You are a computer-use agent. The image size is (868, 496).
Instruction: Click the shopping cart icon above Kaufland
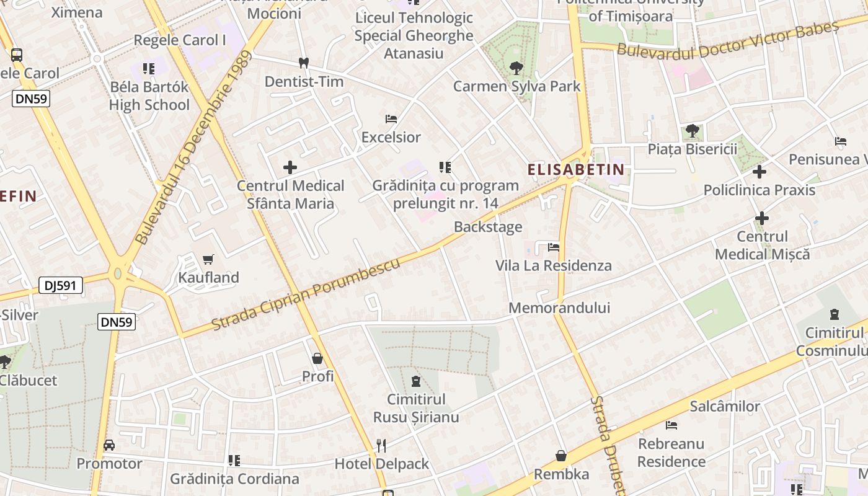(x=208, y=259)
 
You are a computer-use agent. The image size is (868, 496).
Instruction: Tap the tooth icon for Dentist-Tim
(x=303, y=63)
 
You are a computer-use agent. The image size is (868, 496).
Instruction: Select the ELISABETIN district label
(x=576, y=169)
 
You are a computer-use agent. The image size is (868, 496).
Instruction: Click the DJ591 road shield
(x=61, y=285)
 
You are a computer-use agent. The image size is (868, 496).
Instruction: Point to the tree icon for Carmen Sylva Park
(x=515, y=68)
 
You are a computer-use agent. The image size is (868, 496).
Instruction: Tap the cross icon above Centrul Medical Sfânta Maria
(x=290, y=167)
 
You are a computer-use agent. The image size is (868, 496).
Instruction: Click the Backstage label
(x=488, y=227)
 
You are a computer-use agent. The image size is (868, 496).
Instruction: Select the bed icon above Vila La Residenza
(x=554, y=247)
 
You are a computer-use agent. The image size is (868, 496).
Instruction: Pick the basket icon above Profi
(x=317, y=358)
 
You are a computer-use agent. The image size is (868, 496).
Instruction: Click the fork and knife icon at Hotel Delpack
(x=381, y=445)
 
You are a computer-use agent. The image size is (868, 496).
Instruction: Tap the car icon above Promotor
(x=109, y=445)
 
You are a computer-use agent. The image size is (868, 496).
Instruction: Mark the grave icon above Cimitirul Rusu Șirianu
(x=415, y=381)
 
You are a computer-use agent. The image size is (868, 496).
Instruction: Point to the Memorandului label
(x=559, y=308)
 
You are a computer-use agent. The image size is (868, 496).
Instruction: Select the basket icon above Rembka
(x=561, y=456)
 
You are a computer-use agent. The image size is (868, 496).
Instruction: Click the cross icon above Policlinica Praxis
(x=759, y=172)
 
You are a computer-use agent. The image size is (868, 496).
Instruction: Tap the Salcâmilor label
(x=725, y=407)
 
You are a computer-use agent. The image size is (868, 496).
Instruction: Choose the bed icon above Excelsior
(x=391, y=118)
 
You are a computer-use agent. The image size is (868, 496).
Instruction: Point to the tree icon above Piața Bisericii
(x=693, y=131)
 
